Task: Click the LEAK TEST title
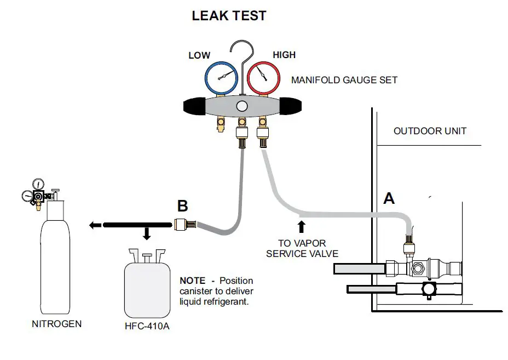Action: point(229,15)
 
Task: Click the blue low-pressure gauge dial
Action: point(221,78)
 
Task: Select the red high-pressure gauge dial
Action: point(263,78)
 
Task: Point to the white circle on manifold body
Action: point(242,106)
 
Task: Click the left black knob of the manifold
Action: point(194,106)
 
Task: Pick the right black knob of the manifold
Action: point(290,106)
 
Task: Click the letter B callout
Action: point(182,206)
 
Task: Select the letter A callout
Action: point(389,198)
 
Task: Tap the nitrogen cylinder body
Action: point(55,256)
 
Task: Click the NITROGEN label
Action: point(57,324)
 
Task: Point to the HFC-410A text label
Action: point(147,326)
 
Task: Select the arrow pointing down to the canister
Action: point(147,233)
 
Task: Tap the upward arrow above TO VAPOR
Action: point(302,227)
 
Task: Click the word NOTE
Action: point(193,281)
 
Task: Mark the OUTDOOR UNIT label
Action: point(430,131)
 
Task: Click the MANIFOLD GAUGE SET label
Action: point(344,80)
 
